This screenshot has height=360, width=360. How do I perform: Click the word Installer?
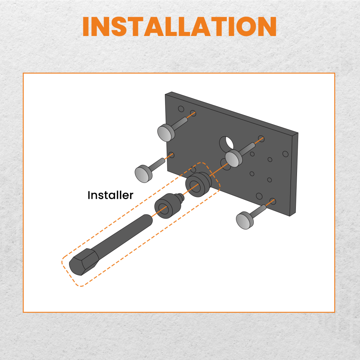coord(110,195)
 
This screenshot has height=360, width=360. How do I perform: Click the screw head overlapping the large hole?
coord(233,158)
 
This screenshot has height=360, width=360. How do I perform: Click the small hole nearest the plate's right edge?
coord(285,154)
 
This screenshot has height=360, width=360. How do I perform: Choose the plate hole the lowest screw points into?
coord(273,201)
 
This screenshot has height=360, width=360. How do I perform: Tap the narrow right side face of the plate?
coord(294,174)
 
